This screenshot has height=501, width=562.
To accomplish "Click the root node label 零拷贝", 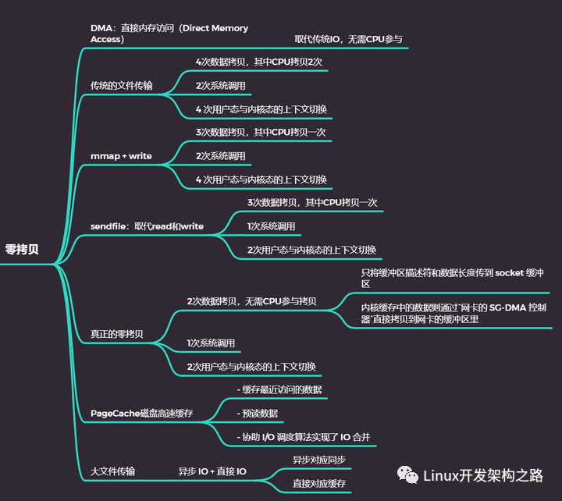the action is (22, 250).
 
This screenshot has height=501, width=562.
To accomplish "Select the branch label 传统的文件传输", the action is (122, 86).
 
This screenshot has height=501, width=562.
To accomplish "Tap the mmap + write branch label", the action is (121, 156).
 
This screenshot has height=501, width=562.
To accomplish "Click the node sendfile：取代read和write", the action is (147, 226).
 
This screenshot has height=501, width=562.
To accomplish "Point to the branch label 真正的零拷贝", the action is (117, 334).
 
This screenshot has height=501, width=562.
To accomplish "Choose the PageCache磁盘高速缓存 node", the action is (141, 413).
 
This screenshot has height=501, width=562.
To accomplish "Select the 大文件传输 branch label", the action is (112, 471).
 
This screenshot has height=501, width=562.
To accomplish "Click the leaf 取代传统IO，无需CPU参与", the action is (348, 39).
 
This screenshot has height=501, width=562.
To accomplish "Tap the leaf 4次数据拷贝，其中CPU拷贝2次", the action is (259, 62).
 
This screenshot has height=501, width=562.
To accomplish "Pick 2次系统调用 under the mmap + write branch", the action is (220, 156).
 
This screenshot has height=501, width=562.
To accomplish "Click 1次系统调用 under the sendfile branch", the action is (272, 226).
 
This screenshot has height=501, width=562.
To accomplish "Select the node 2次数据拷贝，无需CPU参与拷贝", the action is (251, 301).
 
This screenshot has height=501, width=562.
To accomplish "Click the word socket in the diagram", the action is (509, 273).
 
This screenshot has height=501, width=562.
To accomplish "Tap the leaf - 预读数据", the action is (258, 413).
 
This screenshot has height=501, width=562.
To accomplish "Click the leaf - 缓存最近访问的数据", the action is (279, 389).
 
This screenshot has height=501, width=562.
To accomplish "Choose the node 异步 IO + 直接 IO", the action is (212, 471).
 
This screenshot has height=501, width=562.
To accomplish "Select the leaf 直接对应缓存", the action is (319, 483).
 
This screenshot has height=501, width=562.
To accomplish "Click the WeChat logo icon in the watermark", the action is (407, 474).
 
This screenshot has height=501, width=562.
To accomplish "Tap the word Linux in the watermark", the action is (441, 476).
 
